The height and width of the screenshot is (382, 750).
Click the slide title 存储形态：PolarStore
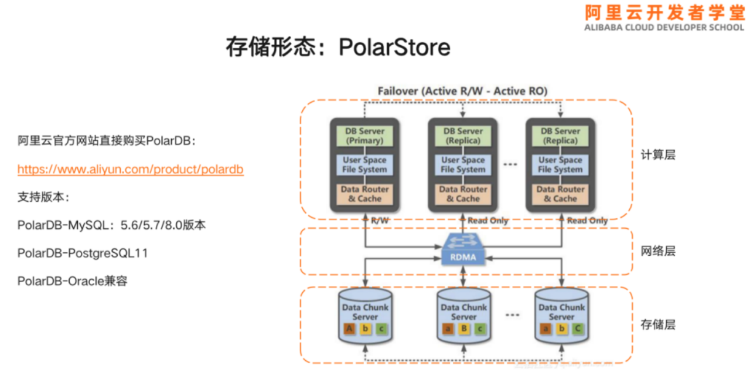point(338,48)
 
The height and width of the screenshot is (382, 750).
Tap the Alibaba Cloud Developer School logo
point(664,18)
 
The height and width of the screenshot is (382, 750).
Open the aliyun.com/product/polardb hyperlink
point(130,170)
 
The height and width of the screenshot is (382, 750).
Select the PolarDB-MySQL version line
point(111,225)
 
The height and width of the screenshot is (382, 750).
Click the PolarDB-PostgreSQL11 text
point(83,253)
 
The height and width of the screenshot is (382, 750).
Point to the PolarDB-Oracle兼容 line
point(72,281)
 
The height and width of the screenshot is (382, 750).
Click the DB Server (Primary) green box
point(364,136)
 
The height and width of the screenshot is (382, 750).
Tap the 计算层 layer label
point(658,155)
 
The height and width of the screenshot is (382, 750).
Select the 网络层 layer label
point(658,251)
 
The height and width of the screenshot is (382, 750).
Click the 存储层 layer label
point(658,324)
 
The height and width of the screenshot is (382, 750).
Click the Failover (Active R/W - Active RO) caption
point(462,91)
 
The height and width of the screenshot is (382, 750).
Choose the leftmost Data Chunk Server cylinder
point(365,316)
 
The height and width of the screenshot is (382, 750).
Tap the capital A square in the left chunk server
point(350,329)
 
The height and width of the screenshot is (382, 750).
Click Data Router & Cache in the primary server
point(364,194)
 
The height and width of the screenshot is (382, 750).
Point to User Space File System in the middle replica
point(463,165)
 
